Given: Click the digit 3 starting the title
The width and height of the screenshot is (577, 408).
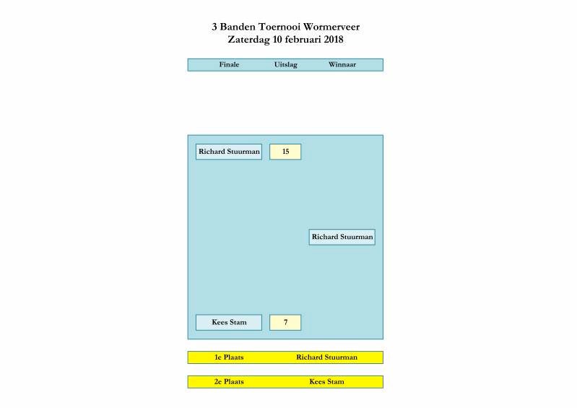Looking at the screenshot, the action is click(214, 27).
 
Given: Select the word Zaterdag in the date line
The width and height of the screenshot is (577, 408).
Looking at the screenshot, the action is click(248, 40).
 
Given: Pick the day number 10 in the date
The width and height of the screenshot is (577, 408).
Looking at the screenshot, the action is click(278, 40).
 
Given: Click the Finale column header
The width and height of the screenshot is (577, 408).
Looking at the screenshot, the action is click(229, 65).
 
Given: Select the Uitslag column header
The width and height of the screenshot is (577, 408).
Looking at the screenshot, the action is click(285, 65).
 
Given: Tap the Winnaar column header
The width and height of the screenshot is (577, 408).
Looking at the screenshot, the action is click(342, 65).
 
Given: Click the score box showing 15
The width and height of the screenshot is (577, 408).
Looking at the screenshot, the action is click(285, 152).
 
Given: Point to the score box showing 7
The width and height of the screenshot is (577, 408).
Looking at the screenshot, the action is click(285, 322).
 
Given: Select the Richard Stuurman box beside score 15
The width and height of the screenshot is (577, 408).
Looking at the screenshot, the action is click(229, 152).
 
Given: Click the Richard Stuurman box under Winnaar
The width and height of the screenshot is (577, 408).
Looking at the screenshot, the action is click(342, 237).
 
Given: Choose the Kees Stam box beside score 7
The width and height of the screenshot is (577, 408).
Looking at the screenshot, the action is click(229, 322).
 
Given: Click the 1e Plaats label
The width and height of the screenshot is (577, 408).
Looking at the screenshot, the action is click(229, 357).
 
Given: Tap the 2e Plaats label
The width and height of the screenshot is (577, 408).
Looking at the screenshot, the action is click(229, 382).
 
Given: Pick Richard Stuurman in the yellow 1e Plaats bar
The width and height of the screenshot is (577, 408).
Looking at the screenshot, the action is click(326, 357).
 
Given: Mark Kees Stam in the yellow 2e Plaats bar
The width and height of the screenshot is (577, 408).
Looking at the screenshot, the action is click(326, 382).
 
